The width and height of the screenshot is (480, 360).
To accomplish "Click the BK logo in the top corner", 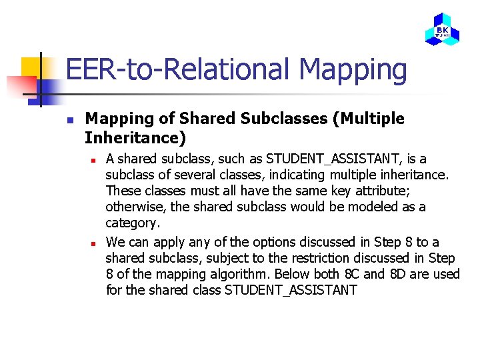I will click(x=442, y=29).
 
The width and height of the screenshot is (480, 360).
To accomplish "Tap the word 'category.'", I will click(x=133, y=223).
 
